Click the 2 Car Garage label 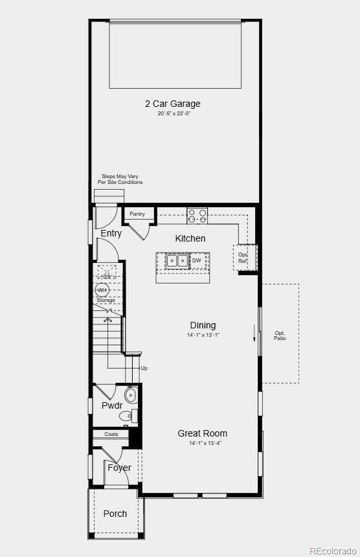(172, 104)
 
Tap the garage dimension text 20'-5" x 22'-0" (174, 113)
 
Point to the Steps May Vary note (120, 179)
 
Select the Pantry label (137, 214)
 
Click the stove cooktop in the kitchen (197, 216)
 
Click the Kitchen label (190, 238)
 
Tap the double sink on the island (177, 261)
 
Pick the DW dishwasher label (196, 260)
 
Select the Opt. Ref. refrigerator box (243, 257)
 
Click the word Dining (203, 325)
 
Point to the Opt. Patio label (280, 335)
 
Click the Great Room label (203, 433)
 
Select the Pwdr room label (112, 405)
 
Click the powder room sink (131, 395)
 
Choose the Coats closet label (111, 434)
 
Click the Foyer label (119, 468)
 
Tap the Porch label (115, 514)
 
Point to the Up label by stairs (144, 368)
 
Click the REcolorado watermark (332, 551)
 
